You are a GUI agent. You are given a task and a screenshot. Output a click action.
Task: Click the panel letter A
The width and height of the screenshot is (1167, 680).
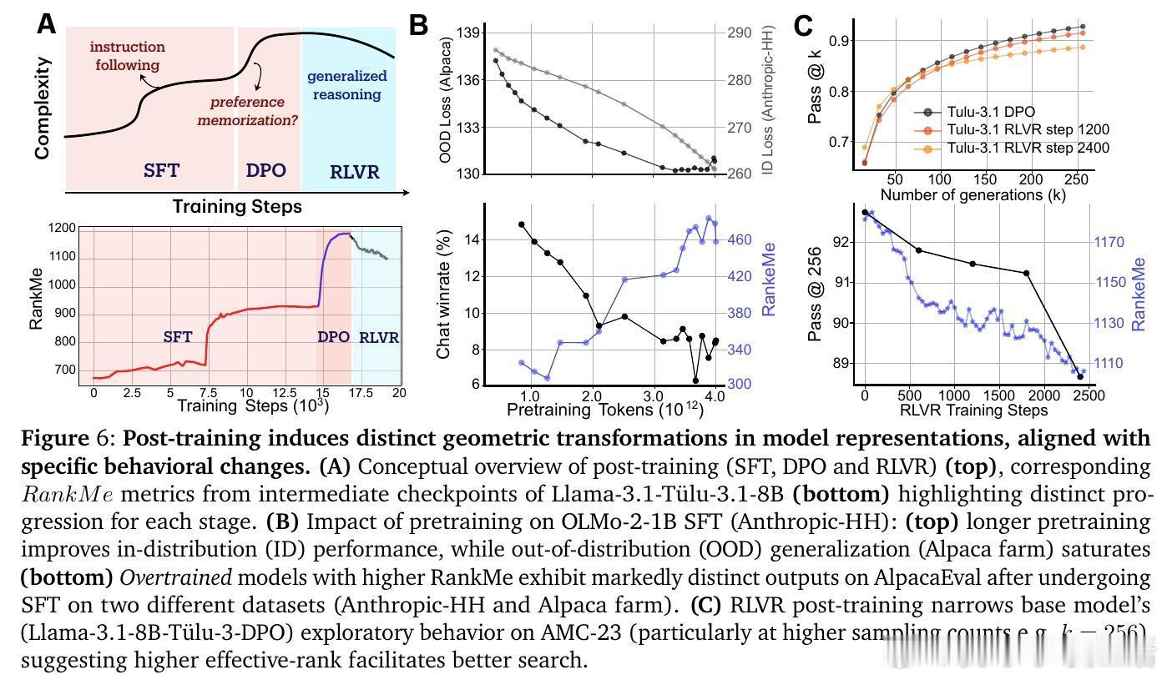pyautogui.click(x=47, y=24)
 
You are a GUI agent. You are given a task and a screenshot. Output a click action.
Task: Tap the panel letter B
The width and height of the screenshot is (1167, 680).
pyautogui.click(x=419, y=26)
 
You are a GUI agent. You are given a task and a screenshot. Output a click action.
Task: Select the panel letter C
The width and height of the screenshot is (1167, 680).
pyautogui.click(x=802, y=26)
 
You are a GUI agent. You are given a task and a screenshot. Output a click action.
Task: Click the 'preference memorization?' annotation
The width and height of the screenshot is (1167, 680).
pyautogui.click(x=247, y=111)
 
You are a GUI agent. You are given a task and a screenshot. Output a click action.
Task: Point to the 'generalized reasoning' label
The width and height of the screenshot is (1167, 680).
pyautogui.click(x=346, y=85)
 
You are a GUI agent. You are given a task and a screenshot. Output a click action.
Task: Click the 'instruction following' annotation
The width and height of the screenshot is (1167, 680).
pyautogui.click(x=127, y=56)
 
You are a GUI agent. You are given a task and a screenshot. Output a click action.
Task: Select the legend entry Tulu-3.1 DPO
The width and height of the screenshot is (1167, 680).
pyautogui.click(x=990, y=111)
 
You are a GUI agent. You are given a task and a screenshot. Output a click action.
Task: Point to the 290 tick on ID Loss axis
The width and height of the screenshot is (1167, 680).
pyautogui.click(x=739, y=33)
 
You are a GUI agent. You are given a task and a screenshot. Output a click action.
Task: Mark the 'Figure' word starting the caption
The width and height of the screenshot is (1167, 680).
pyautogui.click(x=53, y=438)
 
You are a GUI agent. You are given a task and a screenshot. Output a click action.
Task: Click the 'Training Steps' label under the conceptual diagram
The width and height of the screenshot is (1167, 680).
pyautogui.click(x=237, y=205)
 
